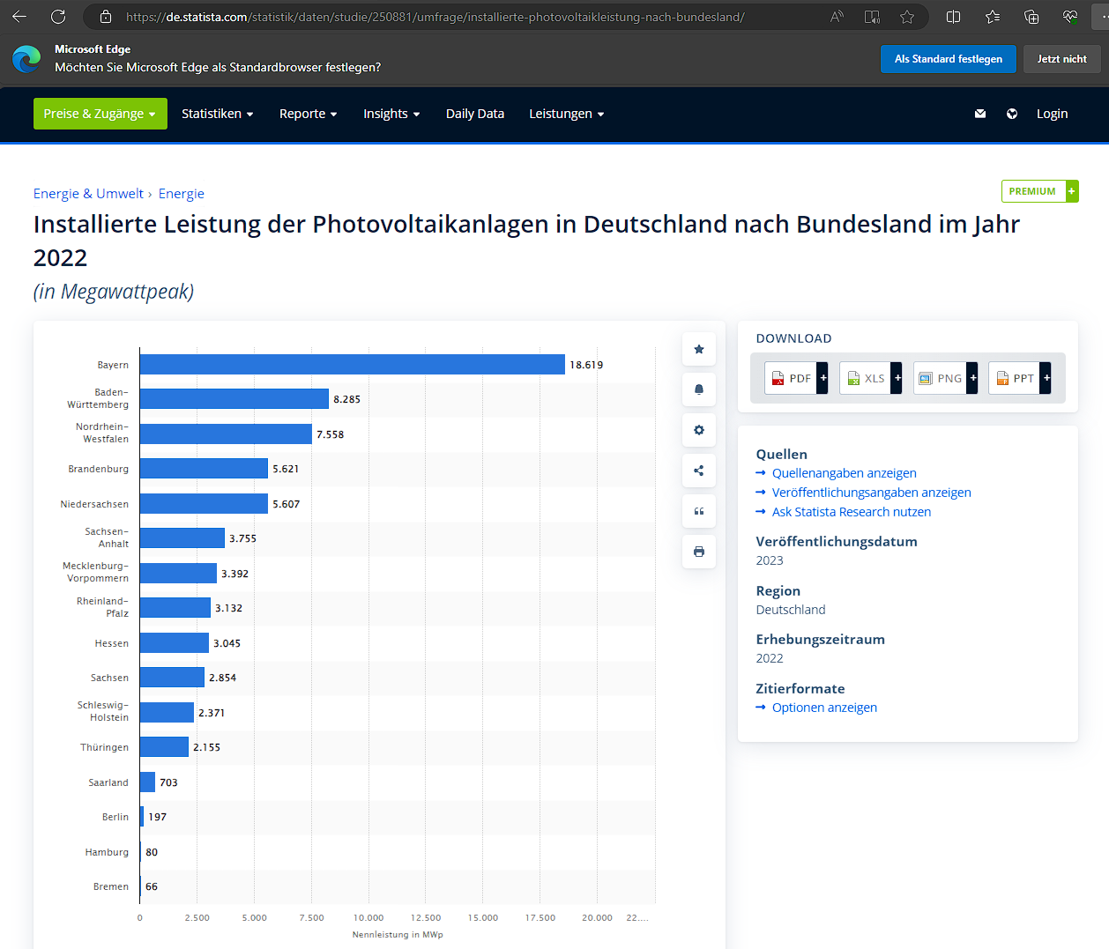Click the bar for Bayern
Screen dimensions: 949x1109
[352, 365]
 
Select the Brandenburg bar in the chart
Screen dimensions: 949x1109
[204, 469]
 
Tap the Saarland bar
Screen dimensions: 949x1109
[147, 782]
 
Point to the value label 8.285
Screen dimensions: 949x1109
[346, 399]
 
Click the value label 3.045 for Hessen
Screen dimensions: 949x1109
[227, 643]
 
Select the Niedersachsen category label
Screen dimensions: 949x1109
[94, 504]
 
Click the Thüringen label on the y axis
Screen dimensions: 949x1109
[104, 747]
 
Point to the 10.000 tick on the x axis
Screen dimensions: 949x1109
[368, 917]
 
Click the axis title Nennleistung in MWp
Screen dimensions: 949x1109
[398, 935]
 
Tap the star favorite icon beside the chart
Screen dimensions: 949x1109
[699, 349]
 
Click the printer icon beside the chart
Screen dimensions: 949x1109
[699, 552]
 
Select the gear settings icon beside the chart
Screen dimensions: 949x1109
[699, 430]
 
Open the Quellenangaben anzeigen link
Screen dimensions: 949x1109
[844, 473]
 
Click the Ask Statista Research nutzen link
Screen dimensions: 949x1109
[851, 512]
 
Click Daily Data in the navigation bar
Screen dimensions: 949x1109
[475, 114]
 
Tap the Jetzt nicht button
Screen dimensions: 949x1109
[1061, 59]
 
